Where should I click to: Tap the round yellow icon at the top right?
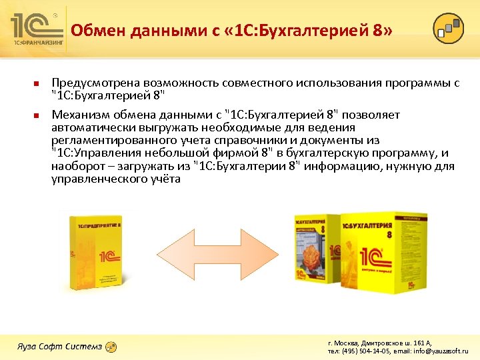[448, 29]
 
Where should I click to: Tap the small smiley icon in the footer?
[111, 346]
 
